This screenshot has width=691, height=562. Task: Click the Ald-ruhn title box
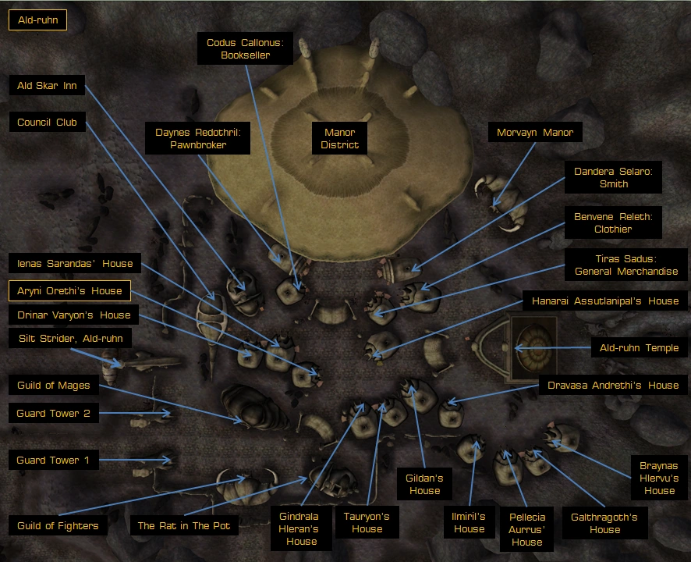click(38, 20)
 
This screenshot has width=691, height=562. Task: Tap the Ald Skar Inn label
click(47, 86)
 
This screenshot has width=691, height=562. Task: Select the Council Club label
click(47, 123)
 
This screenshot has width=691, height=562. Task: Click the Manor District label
click(339, 138)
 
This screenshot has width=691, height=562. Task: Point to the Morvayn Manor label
click(535, 133)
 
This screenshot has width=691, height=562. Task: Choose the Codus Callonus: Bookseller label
click(245, 48)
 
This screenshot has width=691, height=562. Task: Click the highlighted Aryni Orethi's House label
click(69, 290)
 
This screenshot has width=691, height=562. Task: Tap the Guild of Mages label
click(53, 385)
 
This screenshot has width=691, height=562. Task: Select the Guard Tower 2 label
click(53, 414)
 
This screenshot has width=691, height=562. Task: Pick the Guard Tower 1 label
click(53, 460)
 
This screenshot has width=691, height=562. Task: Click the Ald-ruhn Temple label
click(639, 347)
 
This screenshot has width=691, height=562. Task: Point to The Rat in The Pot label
click(184, 525)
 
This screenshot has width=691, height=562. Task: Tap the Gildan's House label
click(424, 484)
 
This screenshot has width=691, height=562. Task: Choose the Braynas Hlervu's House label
click(659, 478)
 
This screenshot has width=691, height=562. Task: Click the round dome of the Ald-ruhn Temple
click(534, 347)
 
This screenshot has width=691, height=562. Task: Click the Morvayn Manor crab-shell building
click(502, 202)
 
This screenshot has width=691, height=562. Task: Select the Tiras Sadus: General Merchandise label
click(625, 265)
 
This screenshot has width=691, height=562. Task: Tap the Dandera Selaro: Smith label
click(613, 177)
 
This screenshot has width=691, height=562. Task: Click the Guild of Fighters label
click(58, 525)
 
